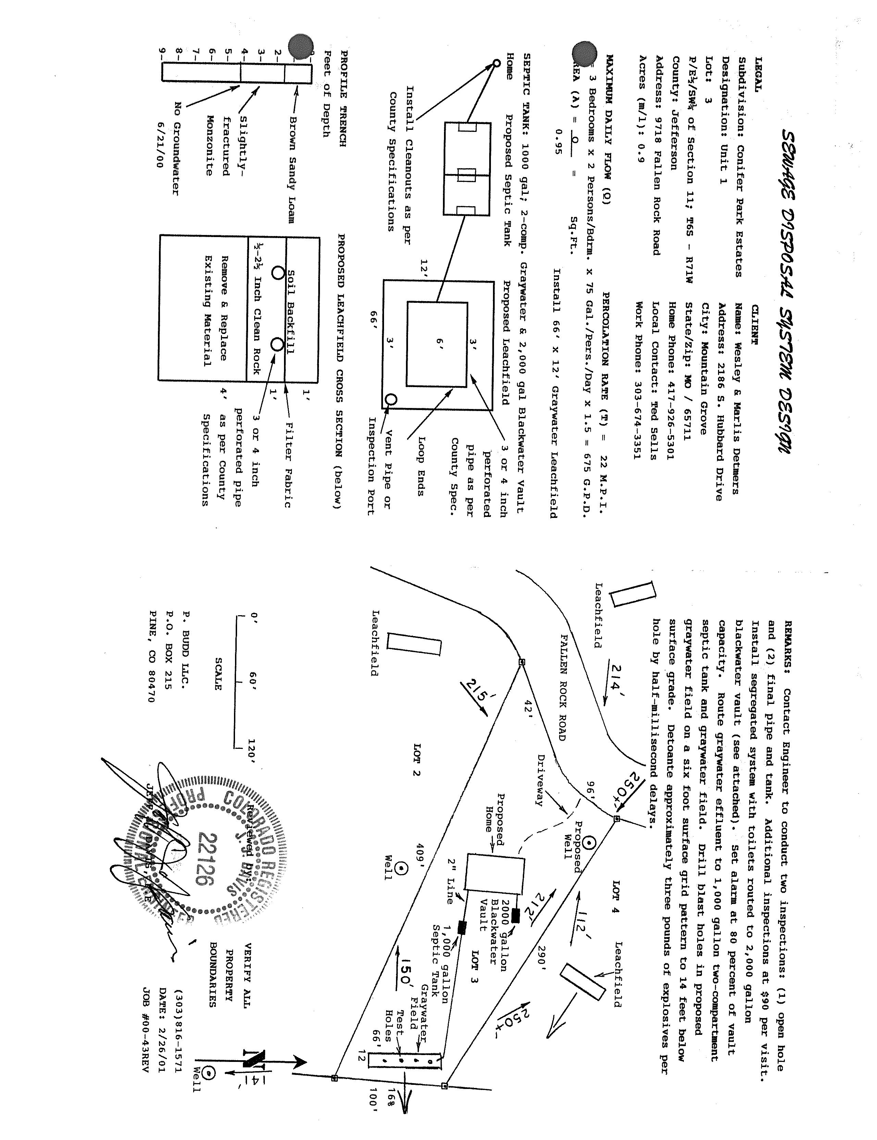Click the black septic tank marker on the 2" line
coord(461,927)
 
